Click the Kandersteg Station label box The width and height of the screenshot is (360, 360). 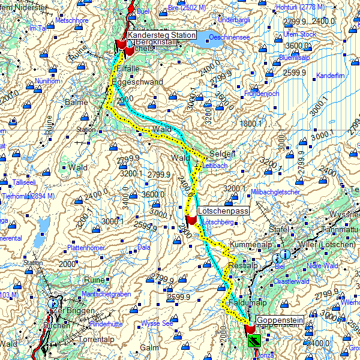(161, 35)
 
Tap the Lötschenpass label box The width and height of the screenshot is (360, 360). (223, 211)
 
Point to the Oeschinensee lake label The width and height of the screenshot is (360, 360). (229, 37)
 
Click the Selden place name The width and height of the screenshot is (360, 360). (223, 152)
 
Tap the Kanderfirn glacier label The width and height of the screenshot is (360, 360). (331, 76)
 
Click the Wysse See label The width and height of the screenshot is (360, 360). (157, 323)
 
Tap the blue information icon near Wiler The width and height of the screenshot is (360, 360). (286, 255)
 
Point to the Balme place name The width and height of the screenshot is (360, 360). (76, 103)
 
